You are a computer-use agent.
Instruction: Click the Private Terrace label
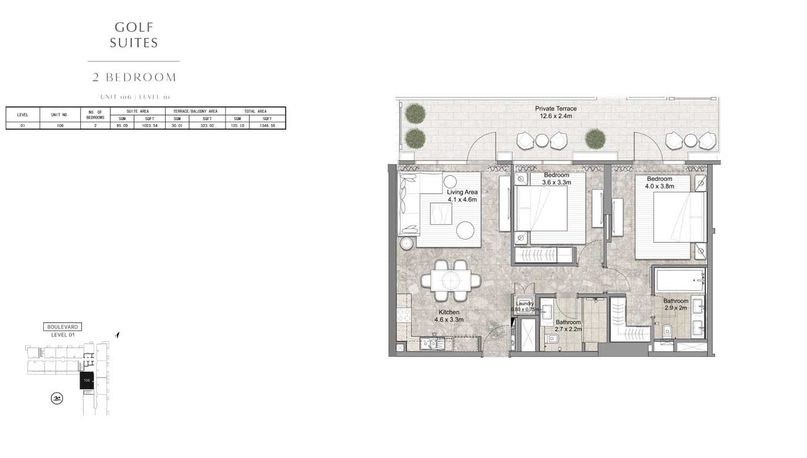point(555,109)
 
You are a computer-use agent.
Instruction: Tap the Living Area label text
point(462,192)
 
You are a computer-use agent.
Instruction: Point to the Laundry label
point(525,304)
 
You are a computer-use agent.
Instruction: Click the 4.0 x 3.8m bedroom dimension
point(660,186)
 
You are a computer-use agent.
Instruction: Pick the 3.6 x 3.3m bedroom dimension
point(557,182)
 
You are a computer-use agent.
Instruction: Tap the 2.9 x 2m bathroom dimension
point(675,308)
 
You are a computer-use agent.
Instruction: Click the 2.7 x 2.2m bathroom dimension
point(568,330)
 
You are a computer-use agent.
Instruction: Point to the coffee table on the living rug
point(441,214)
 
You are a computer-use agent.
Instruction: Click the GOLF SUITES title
point(134,35)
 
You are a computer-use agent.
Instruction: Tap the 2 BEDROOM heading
point(134,78)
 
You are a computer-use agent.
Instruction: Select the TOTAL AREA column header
point(255,111)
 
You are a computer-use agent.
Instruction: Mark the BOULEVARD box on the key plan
point(63,327)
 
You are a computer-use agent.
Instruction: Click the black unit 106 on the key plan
point(87,381)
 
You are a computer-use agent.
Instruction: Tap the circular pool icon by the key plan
point(56,399)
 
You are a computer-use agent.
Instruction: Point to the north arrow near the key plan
point(117,335)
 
